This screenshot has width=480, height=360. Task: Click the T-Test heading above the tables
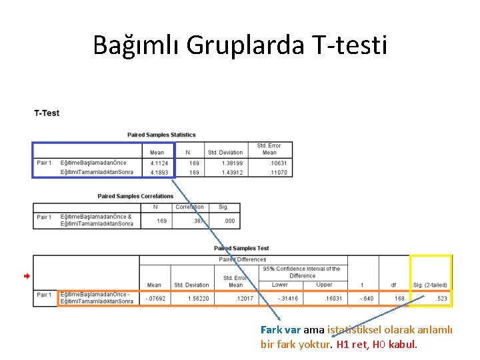47,113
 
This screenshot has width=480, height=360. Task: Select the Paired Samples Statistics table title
161,135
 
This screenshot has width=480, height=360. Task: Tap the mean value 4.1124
158,163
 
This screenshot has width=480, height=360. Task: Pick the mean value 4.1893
158,172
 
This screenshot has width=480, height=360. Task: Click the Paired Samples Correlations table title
135,196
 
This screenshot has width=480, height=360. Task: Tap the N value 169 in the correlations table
161,221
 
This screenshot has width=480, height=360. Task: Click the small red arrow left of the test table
27,275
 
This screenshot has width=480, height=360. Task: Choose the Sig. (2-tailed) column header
431,285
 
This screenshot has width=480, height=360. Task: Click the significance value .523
441,298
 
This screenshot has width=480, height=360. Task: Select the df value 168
399,298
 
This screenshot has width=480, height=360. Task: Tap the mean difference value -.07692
155,298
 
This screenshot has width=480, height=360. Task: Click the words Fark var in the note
281,329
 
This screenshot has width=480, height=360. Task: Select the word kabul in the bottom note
402,345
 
